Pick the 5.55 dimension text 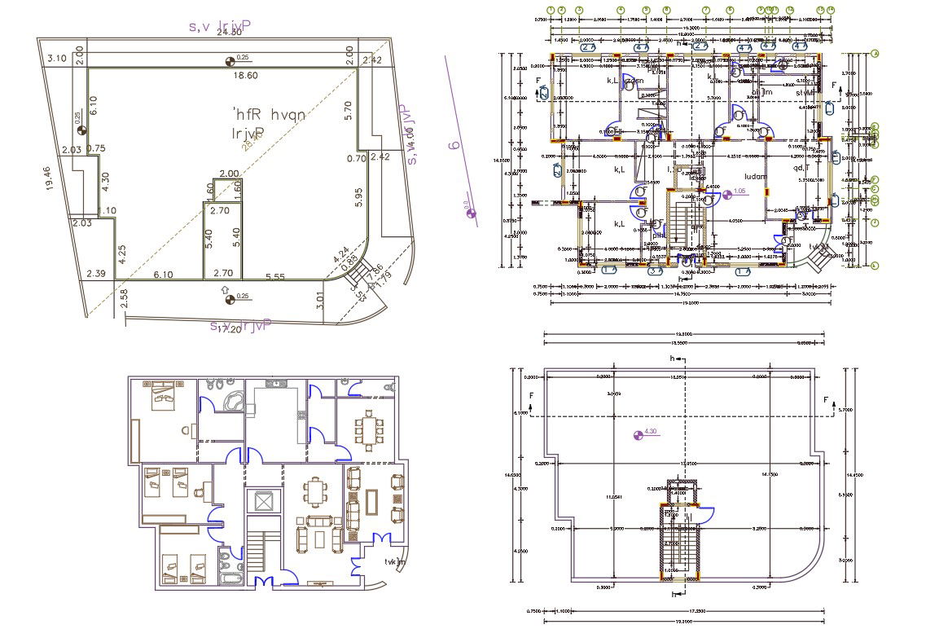[x=274, y=277]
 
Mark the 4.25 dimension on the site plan [x=121, y=253]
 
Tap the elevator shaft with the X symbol [x=262, y=500]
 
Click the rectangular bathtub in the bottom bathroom [x=230, y=578]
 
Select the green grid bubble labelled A [x=875, y=54]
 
